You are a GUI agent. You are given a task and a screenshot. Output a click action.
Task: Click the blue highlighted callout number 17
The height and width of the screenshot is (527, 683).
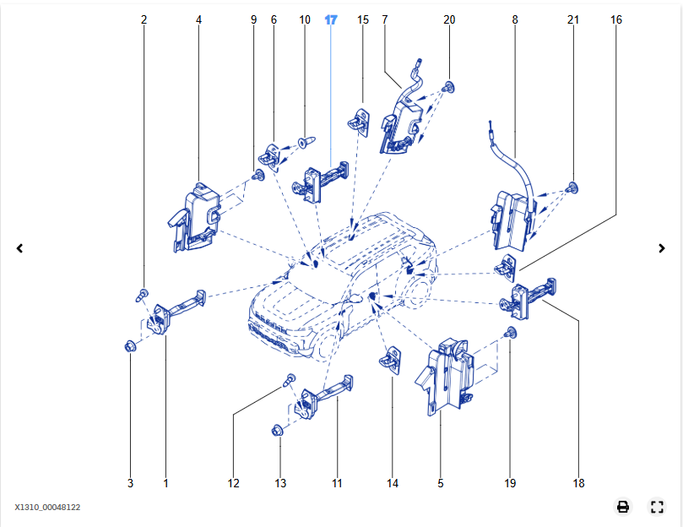[331, 19]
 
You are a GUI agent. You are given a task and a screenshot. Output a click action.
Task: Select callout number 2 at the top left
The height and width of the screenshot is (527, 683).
[144, 19]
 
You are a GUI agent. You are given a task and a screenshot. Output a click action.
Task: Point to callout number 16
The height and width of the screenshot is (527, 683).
[616, 19]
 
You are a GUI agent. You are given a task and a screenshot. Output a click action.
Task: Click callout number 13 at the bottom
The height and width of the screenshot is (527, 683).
[280, 484]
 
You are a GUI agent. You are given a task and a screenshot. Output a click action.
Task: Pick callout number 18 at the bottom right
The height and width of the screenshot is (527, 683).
[577, 484]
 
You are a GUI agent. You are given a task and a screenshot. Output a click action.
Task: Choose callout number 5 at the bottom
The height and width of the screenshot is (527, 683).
[441, 484]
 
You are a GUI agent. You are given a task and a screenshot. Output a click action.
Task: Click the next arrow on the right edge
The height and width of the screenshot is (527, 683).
[662, 248]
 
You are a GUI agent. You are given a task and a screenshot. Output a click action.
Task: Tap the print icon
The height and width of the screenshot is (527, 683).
[623, 507]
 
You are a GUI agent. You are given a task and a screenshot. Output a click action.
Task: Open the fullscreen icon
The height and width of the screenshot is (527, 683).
[657, 507]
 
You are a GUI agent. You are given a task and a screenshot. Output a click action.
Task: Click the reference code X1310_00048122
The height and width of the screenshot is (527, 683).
[47, 508]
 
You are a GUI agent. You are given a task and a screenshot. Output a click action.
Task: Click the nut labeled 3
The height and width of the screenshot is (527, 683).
[130, 346]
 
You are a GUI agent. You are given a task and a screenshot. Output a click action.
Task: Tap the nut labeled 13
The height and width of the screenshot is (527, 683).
[278, 432]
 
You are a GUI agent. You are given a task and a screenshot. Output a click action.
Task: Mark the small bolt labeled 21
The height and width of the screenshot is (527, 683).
[573, 187]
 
